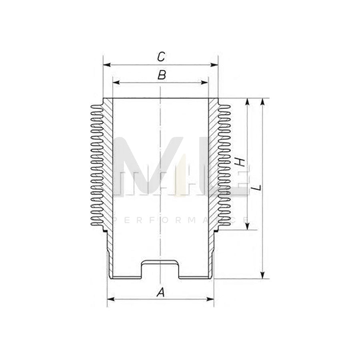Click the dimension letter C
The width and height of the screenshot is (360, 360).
pos(161,56)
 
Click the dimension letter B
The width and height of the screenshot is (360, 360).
pos(161,75)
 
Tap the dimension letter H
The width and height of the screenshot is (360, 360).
pos(239,162)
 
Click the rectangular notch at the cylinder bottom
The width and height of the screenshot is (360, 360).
pos(160,269)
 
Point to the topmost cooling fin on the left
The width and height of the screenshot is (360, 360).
pos(96,106)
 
